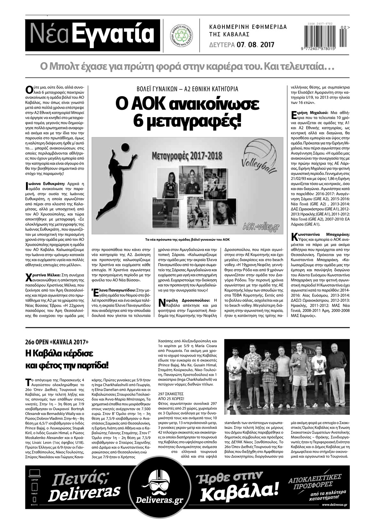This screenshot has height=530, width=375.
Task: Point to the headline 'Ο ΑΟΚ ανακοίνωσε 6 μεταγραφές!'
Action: [187, 113]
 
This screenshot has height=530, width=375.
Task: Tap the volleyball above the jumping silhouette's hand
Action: [125, 147]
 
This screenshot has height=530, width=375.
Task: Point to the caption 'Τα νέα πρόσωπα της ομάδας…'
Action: [187, 240]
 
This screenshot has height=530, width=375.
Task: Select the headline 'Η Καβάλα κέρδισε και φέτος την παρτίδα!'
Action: [67, 359]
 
